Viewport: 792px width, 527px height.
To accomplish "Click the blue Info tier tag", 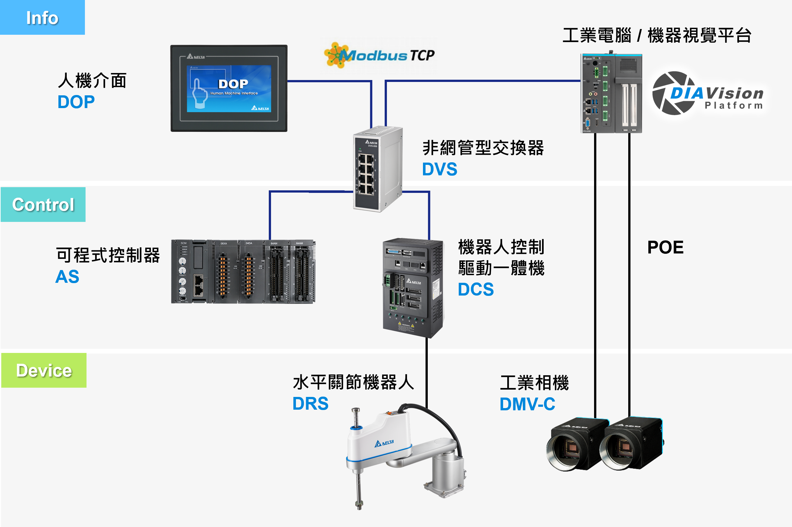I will [x=42, y=18].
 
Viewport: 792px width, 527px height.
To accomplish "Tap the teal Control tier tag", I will [x=43, y=204].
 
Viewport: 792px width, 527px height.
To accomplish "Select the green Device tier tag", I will [x=44, y=370].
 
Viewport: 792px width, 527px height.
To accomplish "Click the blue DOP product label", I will [x=76, y=102].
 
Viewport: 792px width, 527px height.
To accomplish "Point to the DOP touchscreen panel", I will [x=229, y=88].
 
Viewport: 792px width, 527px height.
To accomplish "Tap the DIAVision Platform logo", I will [x=708, y=93].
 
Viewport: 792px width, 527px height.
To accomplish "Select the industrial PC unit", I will [x=611, y=93].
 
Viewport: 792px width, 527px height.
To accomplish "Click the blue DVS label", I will [x=440, y=169].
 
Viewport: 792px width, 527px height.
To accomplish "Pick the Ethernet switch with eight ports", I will [x=378, y=169].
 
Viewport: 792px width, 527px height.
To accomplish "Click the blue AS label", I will [x=67, y=277].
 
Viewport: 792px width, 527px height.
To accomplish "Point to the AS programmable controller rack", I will [x=243, y=272].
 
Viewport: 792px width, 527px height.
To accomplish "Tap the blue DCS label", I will [x=476, y=289].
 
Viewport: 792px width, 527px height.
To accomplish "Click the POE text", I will [x=665, y=247].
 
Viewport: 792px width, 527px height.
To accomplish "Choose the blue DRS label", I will [x=310, y=404].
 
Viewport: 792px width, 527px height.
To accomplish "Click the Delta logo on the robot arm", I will [x=384, y=443].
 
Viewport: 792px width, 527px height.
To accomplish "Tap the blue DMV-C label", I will [x=527, y=404].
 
